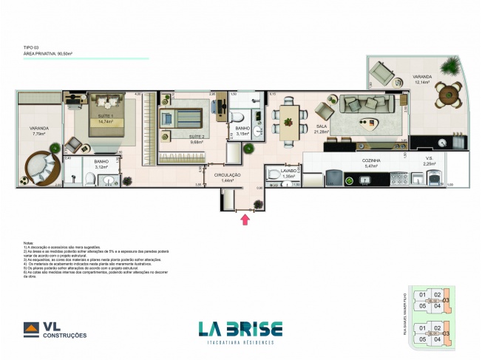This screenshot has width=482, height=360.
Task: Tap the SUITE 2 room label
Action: click(x=196, y=137)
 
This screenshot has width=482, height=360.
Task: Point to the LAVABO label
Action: click(x=288, y=172)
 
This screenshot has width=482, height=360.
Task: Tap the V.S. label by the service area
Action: click(x=429, y=160)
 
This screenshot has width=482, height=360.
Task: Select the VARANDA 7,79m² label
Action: click(x=38, y=131)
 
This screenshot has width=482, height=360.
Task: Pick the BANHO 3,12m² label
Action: click(x=101, y=163)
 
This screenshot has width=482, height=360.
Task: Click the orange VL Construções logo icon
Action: click(x=33, y=330)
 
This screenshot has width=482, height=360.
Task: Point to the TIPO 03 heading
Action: click(x=33, y=47)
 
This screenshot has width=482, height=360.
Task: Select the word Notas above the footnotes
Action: click(x=29, y=242)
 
